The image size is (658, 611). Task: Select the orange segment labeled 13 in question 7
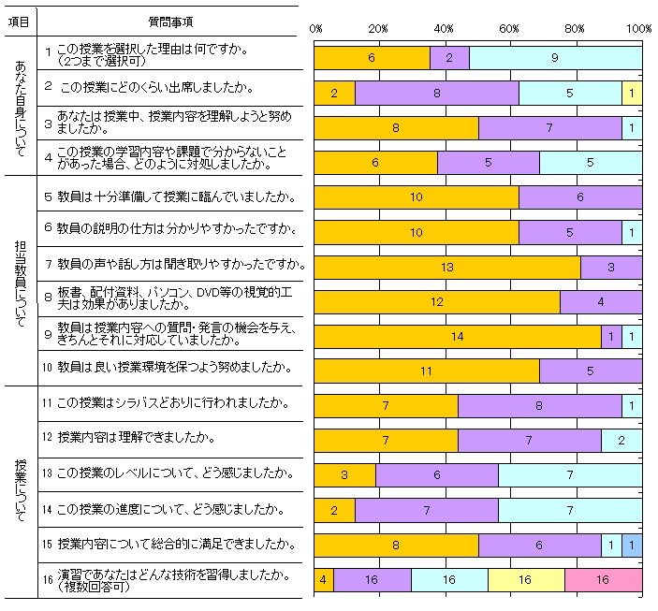[446, 267]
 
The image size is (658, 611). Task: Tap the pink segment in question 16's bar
[603, 580]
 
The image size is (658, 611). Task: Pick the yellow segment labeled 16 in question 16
[525, 580]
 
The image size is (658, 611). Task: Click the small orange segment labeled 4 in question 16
[323, 580]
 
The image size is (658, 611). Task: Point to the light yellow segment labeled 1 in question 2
[632, 93]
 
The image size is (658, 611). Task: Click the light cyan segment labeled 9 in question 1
[555, 58]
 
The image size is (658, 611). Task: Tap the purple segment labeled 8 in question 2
[436, 93]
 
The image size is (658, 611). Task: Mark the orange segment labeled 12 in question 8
[436, 301]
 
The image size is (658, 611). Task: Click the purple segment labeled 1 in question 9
[611, 336]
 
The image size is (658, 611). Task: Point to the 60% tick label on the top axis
[510, 29]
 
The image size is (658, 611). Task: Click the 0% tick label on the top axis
[315, 29]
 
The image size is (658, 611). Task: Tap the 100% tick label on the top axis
[639, 29]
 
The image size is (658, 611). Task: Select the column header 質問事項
[172, 20]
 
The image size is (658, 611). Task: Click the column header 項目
[18, 20]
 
